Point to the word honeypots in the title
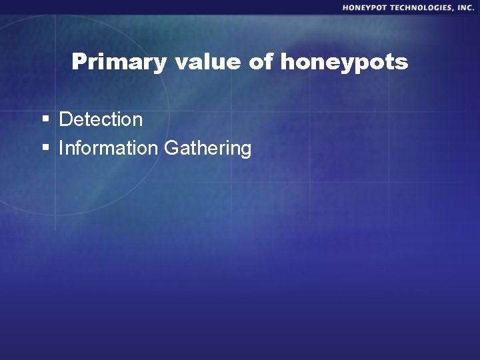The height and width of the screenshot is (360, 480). pos(344,63)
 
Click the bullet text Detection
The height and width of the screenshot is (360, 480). pos(101,120)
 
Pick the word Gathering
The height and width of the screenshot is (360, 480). pos(207,149)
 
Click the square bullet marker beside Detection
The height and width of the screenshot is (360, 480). pos(46,120)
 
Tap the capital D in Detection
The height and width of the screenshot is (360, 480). pos(65,120)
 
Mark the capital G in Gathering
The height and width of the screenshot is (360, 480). pos(171,148)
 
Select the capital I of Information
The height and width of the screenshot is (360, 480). pos(61,148)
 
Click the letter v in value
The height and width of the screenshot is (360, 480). pos(182,63)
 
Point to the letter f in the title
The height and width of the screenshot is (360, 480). pos(271,62)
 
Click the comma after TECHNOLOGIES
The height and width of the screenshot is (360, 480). pos(453,9)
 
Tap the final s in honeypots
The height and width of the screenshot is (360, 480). pos(402,63)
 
